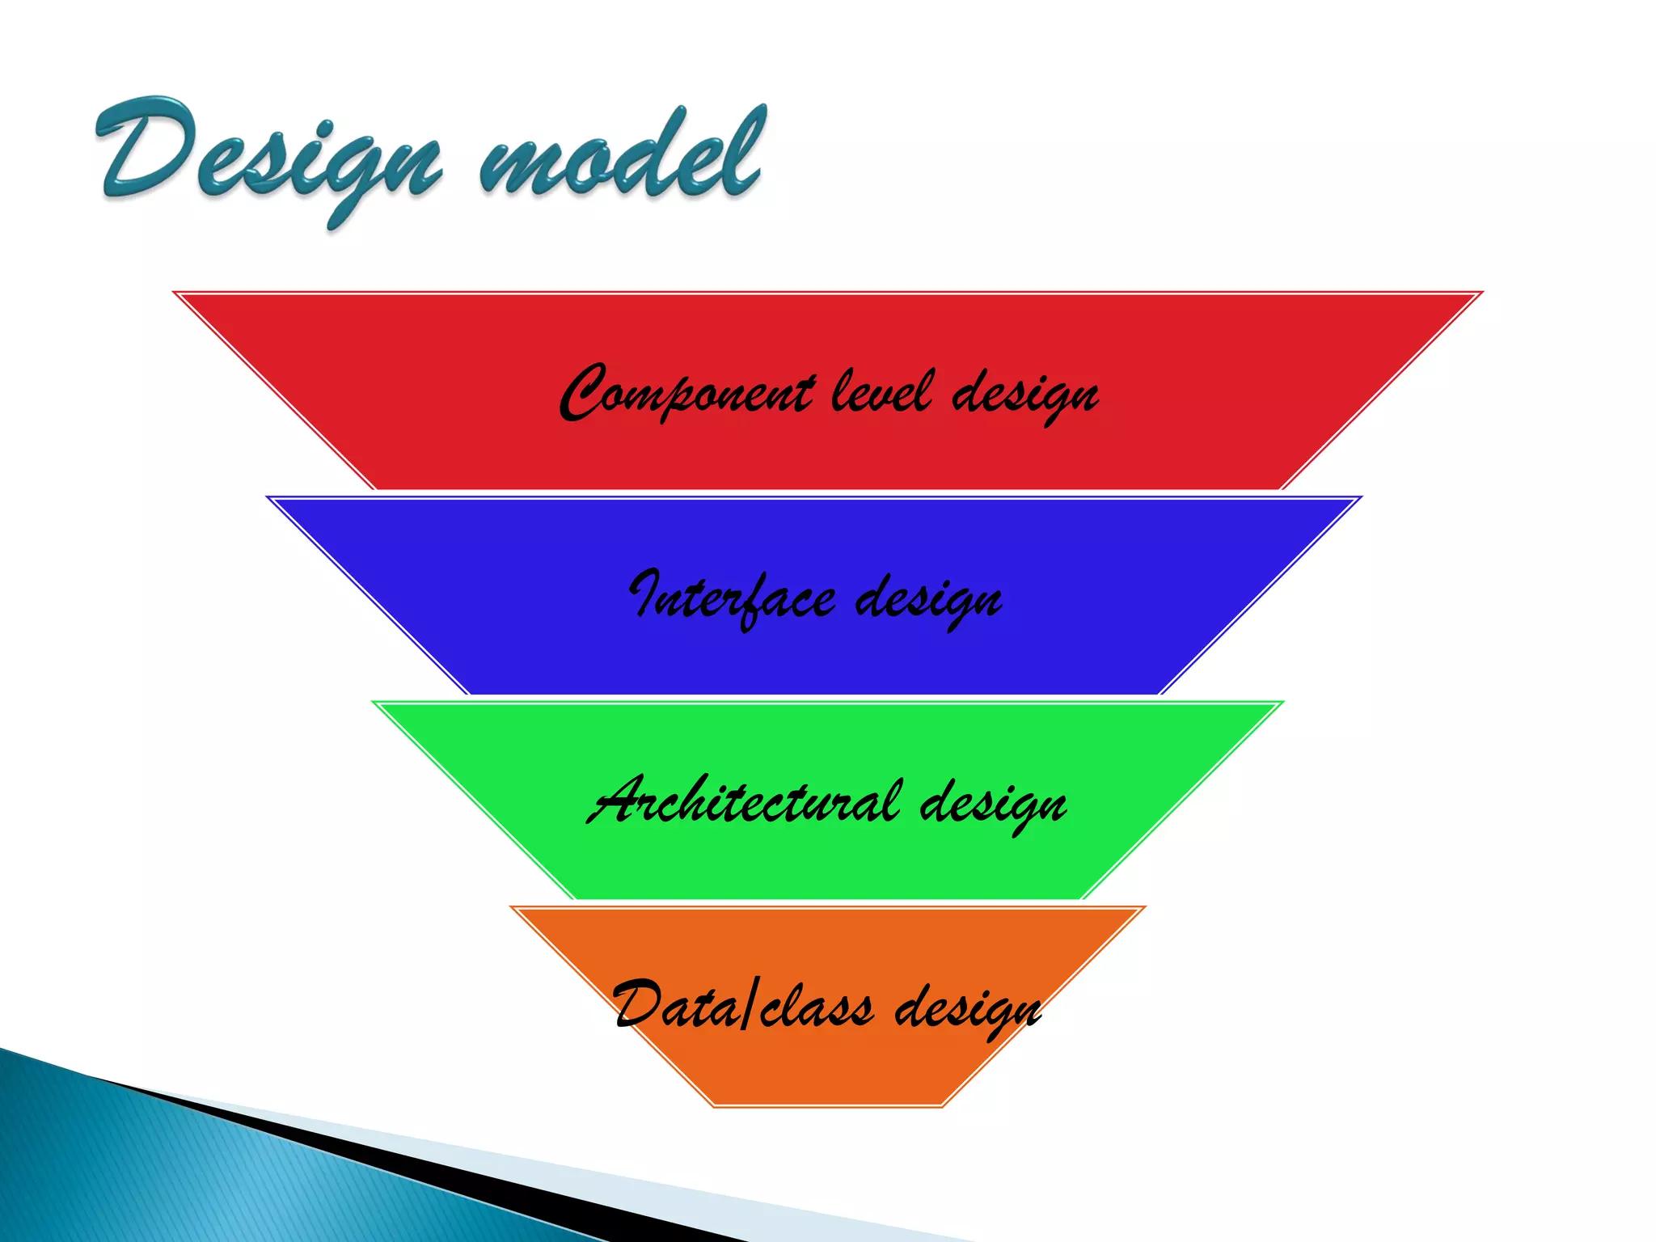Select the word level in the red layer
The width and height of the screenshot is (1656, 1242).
tap(881, 392)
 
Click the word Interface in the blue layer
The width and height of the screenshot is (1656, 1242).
tap(732, 598)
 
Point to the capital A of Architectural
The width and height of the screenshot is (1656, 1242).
tap(619, 801)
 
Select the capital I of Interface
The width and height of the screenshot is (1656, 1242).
tap(647, 594)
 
